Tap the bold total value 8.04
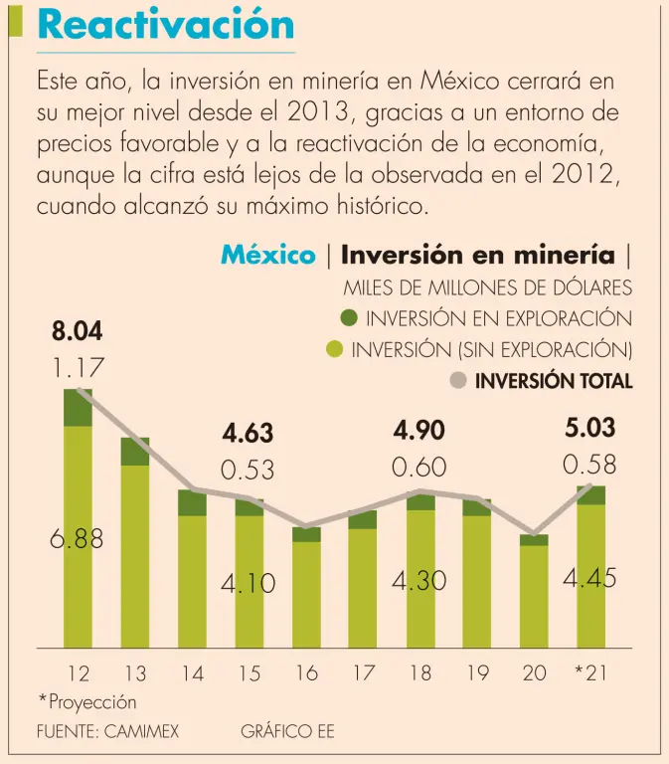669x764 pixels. (77, 332)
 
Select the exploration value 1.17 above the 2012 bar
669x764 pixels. (78, 369)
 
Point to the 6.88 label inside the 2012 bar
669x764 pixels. (77, 539)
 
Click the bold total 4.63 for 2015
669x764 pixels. (248, 434)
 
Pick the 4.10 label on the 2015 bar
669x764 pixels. (248, 584)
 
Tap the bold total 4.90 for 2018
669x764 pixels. (418, 431)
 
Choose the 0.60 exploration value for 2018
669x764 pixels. (418, 467)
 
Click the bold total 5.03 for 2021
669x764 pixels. (589, 429)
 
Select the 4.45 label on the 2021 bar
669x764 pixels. (589, 578)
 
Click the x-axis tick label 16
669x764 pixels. (306, 672)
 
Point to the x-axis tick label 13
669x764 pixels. (134, 672)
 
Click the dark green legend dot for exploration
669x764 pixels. (348, 318)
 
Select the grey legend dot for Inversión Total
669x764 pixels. (458, 380)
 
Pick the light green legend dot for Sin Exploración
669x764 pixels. (334, 349)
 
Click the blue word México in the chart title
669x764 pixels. (267, 255)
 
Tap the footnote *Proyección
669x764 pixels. (87, 702)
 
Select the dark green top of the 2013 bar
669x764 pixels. (134, 452)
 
